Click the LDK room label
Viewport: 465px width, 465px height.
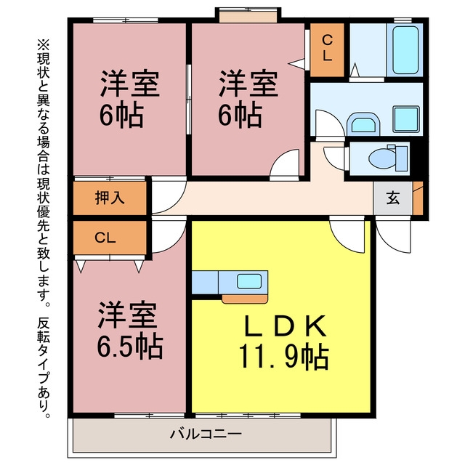coord(285,325)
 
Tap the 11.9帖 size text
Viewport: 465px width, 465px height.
coord(284,356)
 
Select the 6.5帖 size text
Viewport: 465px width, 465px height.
coord(130,347)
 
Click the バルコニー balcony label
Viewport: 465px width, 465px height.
coord(206,434)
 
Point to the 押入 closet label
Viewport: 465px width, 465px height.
coord(110,198)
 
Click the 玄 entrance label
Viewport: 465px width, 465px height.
coord(393,198)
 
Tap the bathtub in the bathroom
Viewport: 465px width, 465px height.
coord(405,50)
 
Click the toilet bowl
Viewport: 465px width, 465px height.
coord(382,158)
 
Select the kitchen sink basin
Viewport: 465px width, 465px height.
coord(249,281)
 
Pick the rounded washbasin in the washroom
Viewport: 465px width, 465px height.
coord(363,124)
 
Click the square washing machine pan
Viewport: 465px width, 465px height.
coord(406,119)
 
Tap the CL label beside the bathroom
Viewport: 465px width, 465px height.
coord(327,48)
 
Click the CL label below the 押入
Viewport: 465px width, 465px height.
coord(105,238)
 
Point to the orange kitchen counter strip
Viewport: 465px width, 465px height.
coord(245,299)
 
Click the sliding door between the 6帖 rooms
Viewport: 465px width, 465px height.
coord(189,100)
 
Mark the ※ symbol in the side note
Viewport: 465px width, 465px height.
coord(44,45)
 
